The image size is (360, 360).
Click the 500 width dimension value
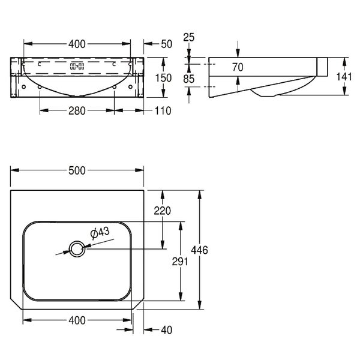pyautogui.click(x=77, y=170)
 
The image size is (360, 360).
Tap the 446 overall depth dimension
pyautogui.click(x=200, y=250)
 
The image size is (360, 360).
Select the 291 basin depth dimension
pyautogui.click(x=180, y=262)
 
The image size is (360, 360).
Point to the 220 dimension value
pyautogui.click(x=163, y=211)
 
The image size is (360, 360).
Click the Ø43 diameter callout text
pyautogui.click(x=100, y=233)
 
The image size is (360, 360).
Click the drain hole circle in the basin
pyautogui.click(x=77, y=249)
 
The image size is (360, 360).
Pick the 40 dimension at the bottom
pyautogui.click(x=166, y=330)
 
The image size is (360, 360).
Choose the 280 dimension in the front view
pyautogui.click(x=77, y=111)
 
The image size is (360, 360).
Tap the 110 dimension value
pyautogui.click(x=163, y=111)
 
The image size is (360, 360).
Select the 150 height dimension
pyautogui.click(x=163, y=78)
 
